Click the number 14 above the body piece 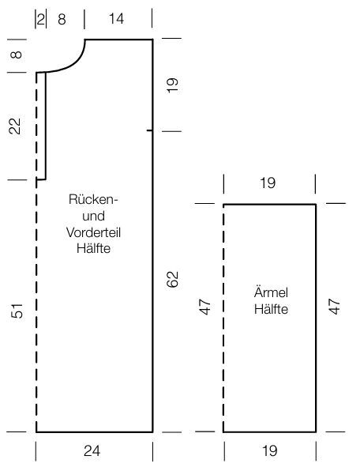[x=116, y=19]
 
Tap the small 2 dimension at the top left [x=41, y=19]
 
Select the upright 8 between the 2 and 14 [x=62, y=20]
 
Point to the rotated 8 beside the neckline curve [x=17, y=55]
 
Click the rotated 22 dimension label [x=15, y=126]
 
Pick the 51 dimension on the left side [x=17, y=311]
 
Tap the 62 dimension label [x=172, y=279]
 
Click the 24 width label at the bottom [x=92, y=451]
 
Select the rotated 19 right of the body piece [x=172, y=85]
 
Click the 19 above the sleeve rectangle [x=268, y=183]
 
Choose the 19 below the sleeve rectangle [x=270, y=451]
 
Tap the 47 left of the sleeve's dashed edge [x=205, y=307]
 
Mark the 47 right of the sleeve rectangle [x=334, y=307]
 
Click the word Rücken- [x=94, y=199]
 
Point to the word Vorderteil [x=93, y=232]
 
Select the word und [x=94, y=217]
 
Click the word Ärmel [x=272, y=292]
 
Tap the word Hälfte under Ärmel [x=272, y=309]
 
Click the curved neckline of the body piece [x=74, y=64]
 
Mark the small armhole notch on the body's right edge [x=149, y=130]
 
